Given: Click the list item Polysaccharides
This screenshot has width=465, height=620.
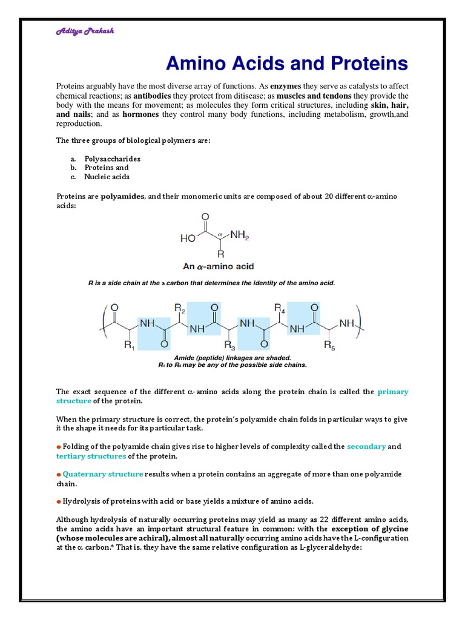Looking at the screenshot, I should [113, 159].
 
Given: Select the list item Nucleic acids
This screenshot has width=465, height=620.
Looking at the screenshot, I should [107, 177].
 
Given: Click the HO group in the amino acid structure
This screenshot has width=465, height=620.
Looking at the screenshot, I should [188, 239].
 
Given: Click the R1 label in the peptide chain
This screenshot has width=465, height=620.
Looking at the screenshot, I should [130, 346].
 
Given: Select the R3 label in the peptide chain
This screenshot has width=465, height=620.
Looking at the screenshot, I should [230, 346].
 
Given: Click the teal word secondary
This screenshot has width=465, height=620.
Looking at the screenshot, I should [366, 446].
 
